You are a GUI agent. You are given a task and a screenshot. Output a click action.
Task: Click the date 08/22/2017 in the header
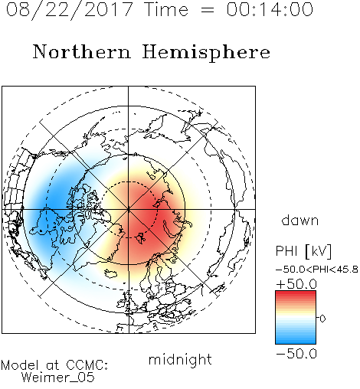[x=69, y=9]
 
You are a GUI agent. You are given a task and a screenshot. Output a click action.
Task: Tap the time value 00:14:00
[x=270, y=9]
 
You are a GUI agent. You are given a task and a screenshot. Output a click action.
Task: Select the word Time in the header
[x=166, y=9]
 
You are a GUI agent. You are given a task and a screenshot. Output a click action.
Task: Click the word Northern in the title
[x=82, y=51]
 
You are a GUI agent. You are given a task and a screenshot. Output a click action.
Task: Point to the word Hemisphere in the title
[x=206, y=53]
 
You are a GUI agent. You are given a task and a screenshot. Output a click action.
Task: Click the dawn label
[x=300, y=221]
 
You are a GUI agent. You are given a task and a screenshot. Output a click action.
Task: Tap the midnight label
[x=180, y=359]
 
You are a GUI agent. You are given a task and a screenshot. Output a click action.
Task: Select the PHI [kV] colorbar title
[x=303, y=251]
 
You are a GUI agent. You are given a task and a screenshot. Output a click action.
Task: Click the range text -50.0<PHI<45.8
[x=317, y=270]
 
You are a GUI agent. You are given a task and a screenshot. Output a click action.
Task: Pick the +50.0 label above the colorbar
[x=296, y=284]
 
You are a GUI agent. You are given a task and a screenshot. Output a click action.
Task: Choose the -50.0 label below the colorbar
[x=296, y=354]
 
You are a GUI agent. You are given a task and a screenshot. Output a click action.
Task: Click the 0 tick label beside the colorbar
[x=322, y=319]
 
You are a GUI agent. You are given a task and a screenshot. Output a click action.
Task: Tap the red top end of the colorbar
[x=296, y=293]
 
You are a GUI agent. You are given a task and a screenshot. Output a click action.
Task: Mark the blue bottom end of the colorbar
[x=296, y=342]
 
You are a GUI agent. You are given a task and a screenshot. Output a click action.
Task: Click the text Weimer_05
[x=58, y=378]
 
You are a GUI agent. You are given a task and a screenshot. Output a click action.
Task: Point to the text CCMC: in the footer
[x=87, y=365]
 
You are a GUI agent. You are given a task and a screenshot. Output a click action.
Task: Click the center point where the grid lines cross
[x=129, y=209]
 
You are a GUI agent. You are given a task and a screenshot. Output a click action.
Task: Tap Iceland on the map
[x=110, y=273]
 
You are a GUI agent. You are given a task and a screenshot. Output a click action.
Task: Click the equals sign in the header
[x=207, y=10]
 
